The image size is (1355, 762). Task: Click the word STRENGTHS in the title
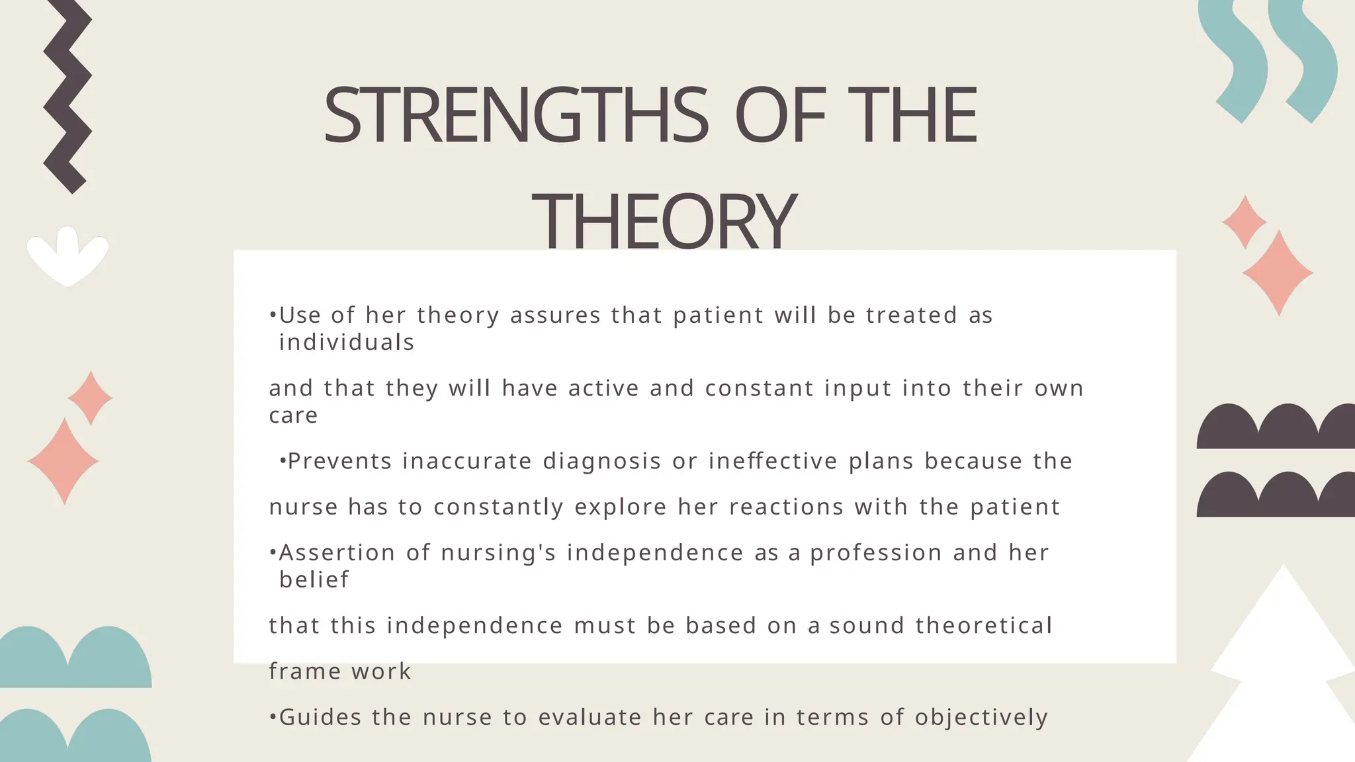click(x=515, y=116)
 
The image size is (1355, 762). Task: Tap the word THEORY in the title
click(x=664, y=220)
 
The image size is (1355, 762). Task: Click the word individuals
click(x=347, y=343)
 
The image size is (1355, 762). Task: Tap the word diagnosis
click(x=601, y=461)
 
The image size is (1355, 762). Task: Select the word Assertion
click(x=337, y=553)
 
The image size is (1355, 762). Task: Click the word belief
click(x=314, y=580)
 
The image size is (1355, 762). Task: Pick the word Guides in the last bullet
click(x=320, y=718)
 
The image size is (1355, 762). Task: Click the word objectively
click(x=981, y=718)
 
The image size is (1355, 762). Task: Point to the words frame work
click(x=340, y=671)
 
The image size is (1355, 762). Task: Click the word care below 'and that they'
click(x=293, y=415)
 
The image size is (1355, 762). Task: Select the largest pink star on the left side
click(x=64, y=461)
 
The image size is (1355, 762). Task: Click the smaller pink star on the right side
click(x=1245, y=222)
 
